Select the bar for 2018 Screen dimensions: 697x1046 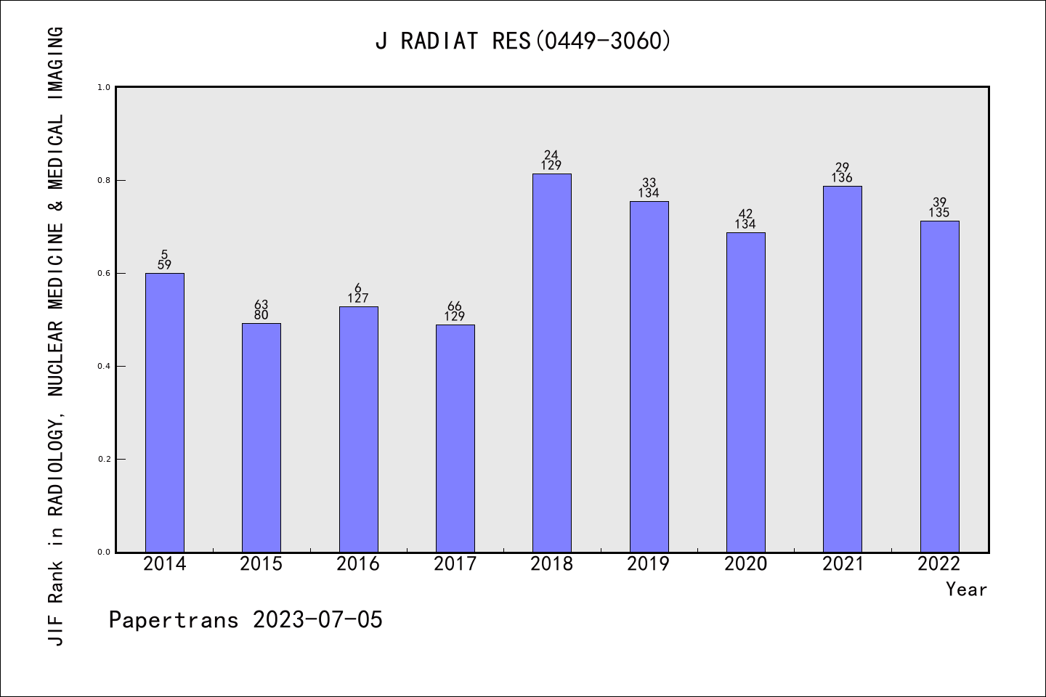click(552, 363)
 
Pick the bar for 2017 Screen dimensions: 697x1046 click(455, 439)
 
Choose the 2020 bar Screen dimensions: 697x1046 click(745, 392)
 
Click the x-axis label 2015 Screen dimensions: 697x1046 click(261, 564)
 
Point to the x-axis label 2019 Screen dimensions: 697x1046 click(649, 564)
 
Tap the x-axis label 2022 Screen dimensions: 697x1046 click(939, 564)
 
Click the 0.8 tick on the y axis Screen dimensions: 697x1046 click(104, 180)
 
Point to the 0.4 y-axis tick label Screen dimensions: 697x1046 click(104, 366)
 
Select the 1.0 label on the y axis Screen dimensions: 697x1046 click(104, 87)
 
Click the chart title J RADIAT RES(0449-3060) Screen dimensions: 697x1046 click(523, 41)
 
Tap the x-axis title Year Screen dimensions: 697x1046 click(966, 590)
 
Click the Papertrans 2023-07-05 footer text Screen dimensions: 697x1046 click(246, 620)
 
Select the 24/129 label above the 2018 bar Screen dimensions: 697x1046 click(551, 160)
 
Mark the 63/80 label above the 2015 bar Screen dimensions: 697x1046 click(261, 310)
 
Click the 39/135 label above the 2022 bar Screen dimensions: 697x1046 click(939, 208)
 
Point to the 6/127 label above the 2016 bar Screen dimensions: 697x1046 click(358, 293)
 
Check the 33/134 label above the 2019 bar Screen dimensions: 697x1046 click(649, 188)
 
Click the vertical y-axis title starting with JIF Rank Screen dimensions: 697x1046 click(56, 335)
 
